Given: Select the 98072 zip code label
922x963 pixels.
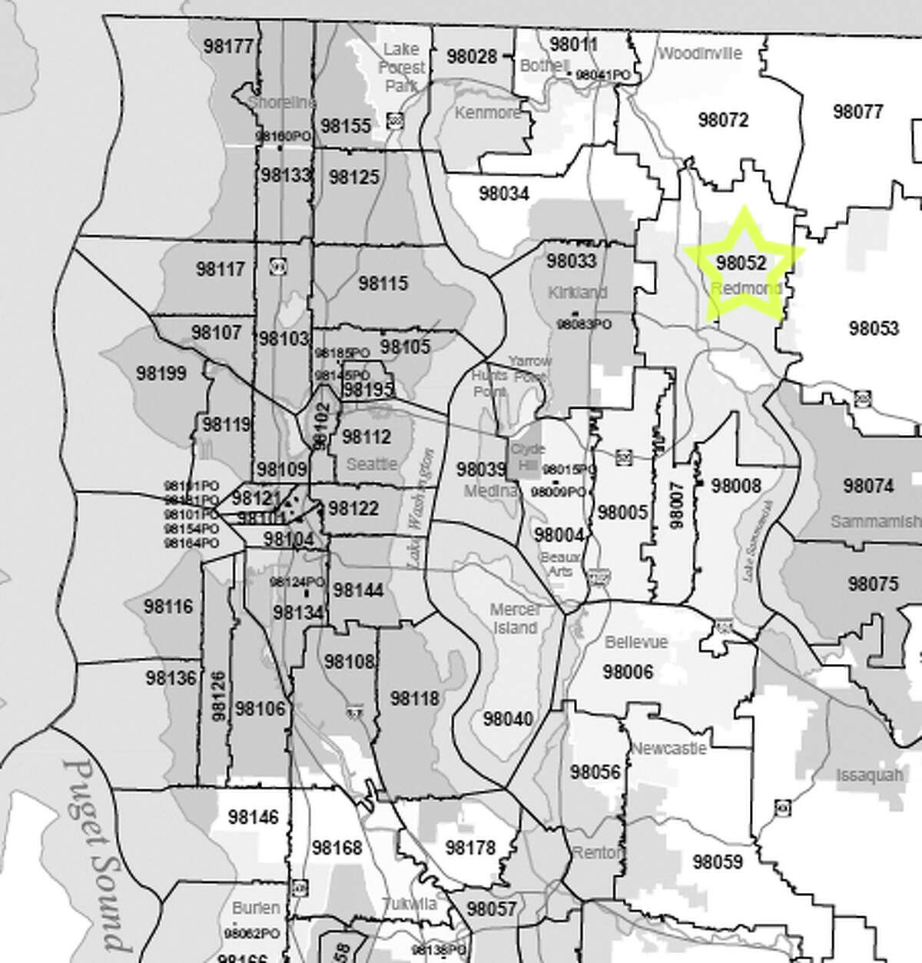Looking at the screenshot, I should pyautogui.click(x=723, y=120).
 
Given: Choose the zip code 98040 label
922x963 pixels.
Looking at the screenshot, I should pyautogui.click(x=508, y=719).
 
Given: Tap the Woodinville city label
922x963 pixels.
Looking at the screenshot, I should pyautogui.click(x=700, y=53).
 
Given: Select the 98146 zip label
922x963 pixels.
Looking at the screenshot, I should pyautogui.click(x=254, y=817).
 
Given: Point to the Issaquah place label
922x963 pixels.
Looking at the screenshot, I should pyautogui.click(x=869, y=775).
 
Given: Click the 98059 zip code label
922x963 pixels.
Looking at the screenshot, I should pyautogui.click(x=718, y=862).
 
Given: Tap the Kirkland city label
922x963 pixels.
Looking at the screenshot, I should pyautogui.click(x=577, y=292).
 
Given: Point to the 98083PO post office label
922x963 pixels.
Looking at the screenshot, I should pyautogui.click(x=584, y=324).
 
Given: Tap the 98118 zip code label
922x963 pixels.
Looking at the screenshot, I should pyautogui.click(x=415, y=698).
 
